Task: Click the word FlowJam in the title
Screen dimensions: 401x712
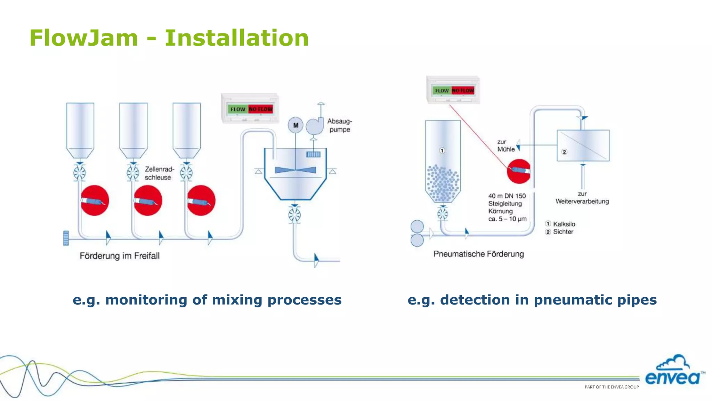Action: (84, 38)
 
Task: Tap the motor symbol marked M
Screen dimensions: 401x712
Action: (296, 125)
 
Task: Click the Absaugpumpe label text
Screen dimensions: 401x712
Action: (339, 125)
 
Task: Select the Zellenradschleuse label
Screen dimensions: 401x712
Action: (159, 173)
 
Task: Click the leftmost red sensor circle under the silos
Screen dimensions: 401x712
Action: (95, 200)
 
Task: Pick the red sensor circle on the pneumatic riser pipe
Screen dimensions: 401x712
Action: (518, 171)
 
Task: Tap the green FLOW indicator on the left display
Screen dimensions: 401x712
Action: (238, 109)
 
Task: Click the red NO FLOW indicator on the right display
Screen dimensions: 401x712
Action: (463, 91)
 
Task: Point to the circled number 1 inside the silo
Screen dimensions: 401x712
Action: (442, 151)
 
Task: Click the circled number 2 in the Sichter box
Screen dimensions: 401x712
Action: (564, 152)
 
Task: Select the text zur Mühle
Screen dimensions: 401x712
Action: (505, 146)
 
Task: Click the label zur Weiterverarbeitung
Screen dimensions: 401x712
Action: (582, 198)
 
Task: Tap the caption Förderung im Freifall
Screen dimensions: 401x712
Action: (120, 256)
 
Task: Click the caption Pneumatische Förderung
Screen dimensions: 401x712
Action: (478, 254)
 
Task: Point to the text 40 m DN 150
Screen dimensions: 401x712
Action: (507, 196)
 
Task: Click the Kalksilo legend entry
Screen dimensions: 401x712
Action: (564, 224)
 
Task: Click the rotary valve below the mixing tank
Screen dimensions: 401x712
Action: (294, 215)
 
